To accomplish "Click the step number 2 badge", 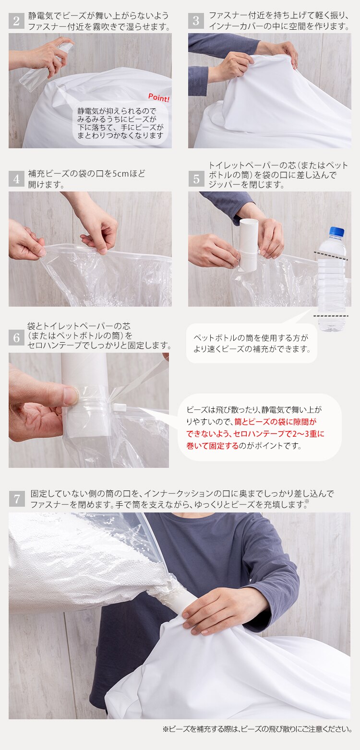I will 16,21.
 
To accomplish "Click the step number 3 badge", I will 196,21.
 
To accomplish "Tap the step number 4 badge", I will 16,179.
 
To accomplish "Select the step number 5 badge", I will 196,179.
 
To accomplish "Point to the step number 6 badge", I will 16,337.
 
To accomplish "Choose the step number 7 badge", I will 16,499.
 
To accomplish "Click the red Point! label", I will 158,97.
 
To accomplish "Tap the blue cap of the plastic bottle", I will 337,232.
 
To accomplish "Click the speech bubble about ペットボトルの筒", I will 252,344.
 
